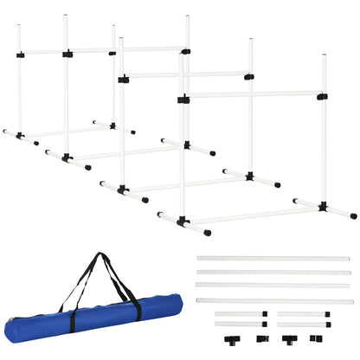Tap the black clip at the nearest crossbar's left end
tap(183, 100)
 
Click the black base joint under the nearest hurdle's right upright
tap(323, 207)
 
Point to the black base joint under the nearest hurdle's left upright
tap(183, 222)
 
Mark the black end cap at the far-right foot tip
tap(353, 215)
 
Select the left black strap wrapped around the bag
tap(72, 317)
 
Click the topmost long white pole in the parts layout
tap(273, 259)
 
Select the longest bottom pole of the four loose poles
tap(275, 301)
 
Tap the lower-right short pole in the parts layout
tap(304, 325)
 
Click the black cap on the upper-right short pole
tap(329, 314)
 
